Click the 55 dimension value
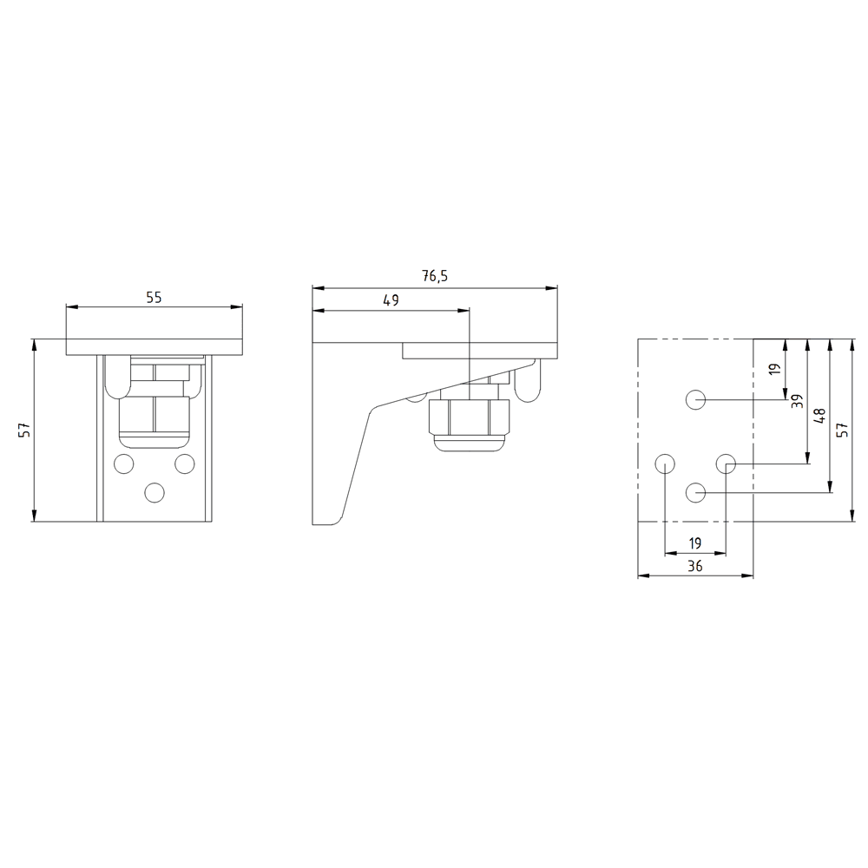click(154, 297)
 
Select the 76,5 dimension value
click(435, 277)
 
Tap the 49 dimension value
click(391, 300)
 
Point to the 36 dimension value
click(694, 566)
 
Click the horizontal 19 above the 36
click(694, 543)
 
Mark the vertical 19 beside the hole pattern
click(775, 369)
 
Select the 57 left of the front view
click(24, 430)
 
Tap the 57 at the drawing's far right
click(841, 430)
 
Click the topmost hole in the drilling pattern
click(695, 399)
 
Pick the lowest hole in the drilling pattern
click(695, 492)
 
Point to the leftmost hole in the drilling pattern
click(664, 462)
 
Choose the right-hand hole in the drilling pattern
click(727, 463)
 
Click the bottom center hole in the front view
click(154, 492)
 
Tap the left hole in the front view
click(124, 463)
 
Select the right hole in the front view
click(184, 463)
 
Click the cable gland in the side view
click(469, 421)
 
